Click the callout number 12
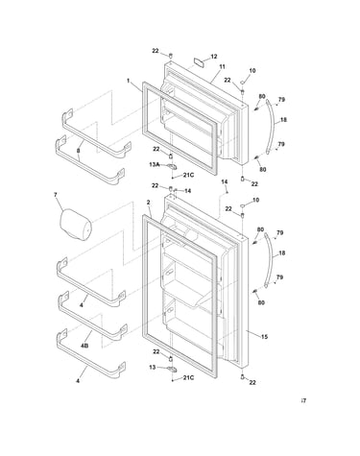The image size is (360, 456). (x=214, y=57)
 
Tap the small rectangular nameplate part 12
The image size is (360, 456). (x=199, y=61)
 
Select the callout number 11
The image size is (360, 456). (x=222, y=67)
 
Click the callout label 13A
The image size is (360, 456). (x=155, y=164)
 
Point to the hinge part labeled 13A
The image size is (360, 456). (x=172, y=166)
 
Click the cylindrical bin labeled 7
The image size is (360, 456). (x=76, y=224)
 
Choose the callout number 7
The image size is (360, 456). (x=56, y=195)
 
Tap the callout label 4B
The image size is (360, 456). (x=84, y=346)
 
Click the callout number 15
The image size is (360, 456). (x=264, y=337)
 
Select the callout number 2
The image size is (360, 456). (x=148, y=203)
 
